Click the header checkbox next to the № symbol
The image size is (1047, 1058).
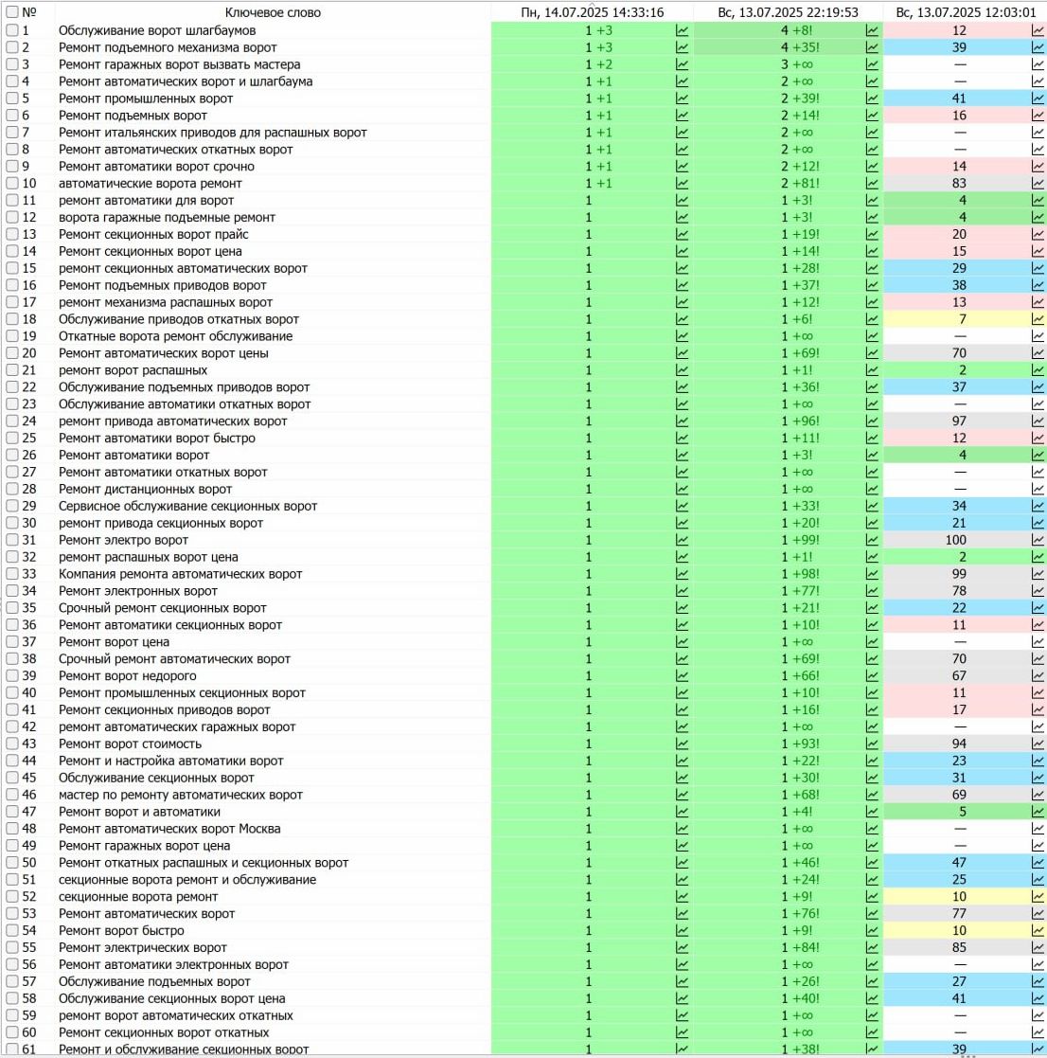tap(12, 12)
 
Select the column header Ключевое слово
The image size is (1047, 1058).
tap(273, 12)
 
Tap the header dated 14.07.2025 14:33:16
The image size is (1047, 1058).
tap(593, 12)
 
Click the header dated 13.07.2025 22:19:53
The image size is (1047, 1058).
tap(789, 12)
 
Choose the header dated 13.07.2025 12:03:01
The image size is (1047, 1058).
tap(966, 12)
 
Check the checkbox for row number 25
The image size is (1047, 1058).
tap(12, 439)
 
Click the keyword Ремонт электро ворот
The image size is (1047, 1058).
tap(124, 540)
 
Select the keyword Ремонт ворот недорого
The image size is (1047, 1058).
tap(128, 676)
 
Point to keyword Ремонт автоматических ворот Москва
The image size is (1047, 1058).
tap(169, 829)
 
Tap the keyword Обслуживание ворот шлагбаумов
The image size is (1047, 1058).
tap(157, 30)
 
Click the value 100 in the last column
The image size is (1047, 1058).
tap(959, 540)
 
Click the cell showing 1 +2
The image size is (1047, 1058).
tap(599, 64)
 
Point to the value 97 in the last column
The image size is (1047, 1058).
tap(959, 421)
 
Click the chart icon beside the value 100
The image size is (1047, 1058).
tap(1038, 540)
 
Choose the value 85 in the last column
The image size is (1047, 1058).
tap(959, 948)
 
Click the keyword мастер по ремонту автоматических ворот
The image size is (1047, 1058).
tap(181, 795)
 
